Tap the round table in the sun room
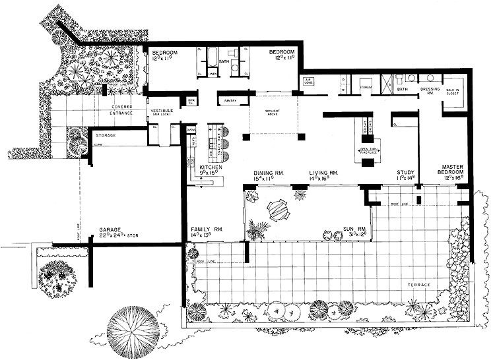click(278, 210)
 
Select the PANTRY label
click(230, 101)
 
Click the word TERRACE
click(418, 285)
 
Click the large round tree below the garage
click(132, 328)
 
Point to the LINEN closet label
click(213, 74)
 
